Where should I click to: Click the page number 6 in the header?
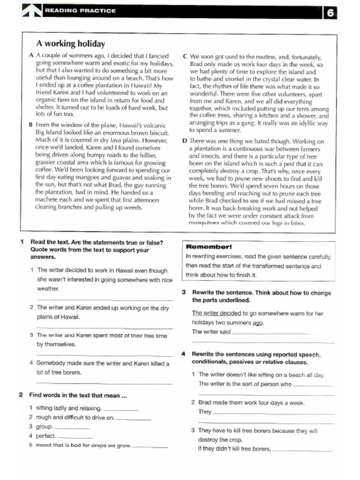coord(330,13)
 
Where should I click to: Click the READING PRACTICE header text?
coord(80,10)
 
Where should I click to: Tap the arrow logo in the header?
coord(32,10)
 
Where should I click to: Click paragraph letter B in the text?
coord(31,125)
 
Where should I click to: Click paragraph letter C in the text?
coord(185,56)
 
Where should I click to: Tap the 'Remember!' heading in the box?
coord(209,247)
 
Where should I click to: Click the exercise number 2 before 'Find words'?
coord(21,395)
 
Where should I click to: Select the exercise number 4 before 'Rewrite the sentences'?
coord(184,354)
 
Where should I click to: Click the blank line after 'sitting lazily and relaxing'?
coord(121,409)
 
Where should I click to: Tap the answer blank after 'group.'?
coord(73,428)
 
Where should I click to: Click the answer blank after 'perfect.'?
coord(75,437)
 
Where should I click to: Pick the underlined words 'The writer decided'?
coord(210,313)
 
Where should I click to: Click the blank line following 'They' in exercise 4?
coord(273,413)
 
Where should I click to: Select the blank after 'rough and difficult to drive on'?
coord(134,419)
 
